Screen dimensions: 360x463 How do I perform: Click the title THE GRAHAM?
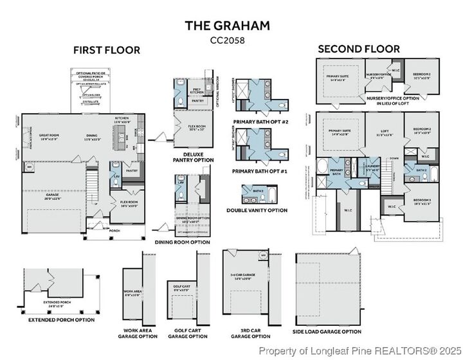click(228, 25)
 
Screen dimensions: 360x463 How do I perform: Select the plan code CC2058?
click(228, 40)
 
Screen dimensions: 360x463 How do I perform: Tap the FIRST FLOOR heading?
click(106, 50)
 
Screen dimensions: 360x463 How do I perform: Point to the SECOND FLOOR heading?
click(359, 49)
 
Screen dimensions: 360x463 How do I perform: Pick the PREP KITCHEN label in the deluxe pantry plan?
click(198, 91)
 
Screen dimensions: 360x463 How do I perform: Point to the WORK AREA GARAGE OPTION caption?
click(140, 333)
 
